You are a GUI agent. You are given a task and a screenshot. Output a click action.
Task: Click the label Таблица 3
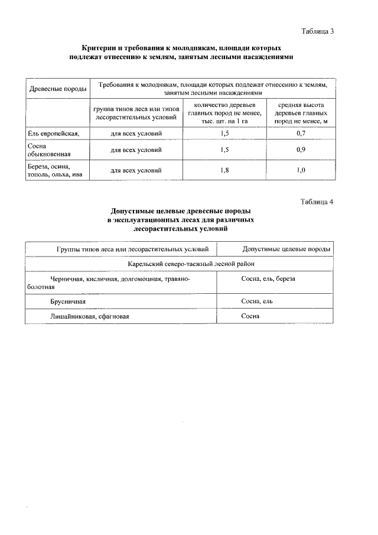click(x=317, y=31)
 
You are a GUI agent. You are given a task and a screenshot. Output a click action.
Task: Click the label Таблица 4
click(x=317, y=202)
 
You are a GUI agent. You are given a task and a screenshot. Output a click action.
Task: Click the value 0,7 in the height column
click(x=301, y=133)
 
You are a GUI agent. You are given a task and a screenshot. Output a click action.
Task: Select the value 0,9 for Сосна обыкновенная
click(x=301, y=150)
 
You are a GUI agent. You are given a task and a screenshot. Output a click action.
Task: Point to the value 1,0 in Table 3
click(x=301, y=171)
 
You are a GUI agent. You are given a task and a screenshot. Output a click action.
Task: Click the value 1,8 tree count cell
click(x=224, y=171)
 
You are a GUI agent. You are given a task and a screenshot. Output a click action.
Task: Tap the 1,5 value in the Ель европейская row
click(x=224, y=133)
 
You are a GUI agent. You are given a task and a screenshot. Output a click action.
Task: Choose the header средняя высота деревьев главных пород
click(x=301, y=112)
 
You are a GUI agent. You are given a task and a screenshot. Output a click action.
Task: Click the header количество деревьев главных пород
click(x=224, y=112)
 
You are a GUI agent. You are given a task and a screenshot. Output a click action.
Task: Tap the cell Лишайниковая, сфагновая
click(x=89, y=316)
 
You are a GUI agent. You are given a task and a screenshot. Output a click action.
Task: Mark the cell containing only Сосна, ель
click(x=257, y=301)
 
